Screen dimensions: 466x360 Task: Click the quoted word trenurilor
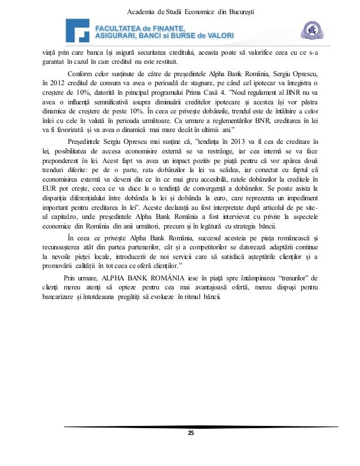287,278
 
